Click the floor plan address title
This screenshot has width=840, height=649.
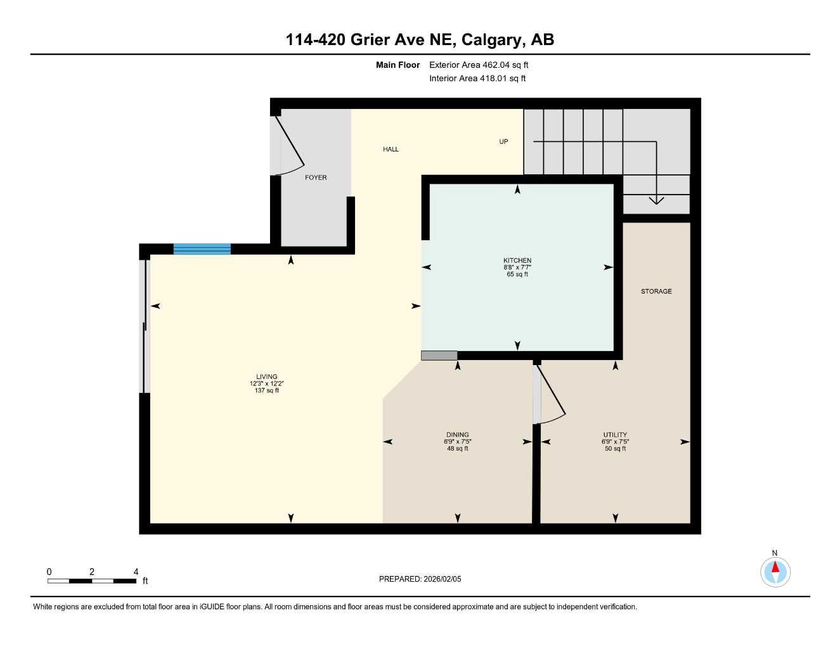point(420,39)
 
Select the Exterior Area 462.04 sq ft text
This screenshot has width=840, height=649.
point(479,65)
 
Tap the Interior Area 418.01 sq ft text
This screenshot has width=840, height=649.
point(477,79)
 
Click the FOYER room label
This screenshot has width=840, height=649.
point(316,177)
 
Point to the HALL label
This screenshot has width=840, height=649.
point(391,149)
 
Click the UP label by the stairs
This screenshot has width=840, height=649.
point(503,141)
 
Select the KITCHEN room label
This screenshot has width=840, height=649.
point(517,260)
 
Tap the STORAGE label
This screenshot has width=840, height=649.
point(656,292)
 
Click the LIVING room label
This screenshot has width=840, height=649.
point(267,376)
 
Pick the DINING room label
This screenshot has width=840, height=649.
point(458,435)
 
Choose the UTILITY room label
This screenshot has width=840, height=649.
point(615,435)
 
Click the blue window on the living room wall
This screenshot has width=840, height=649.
point(202,248)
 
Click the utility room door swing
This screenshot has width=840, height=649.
point(551,394)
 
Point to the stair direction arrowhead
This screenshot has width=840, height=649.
point(656,200)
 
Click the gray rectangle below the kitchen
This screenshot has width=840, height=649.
point(439,356)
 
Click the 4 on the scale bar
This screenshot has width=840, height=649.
point(136,572)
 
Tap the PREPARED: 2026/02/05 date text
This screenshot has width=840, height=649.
point(420,579)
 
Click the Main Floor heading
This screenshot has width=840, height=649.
point(397,65)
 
